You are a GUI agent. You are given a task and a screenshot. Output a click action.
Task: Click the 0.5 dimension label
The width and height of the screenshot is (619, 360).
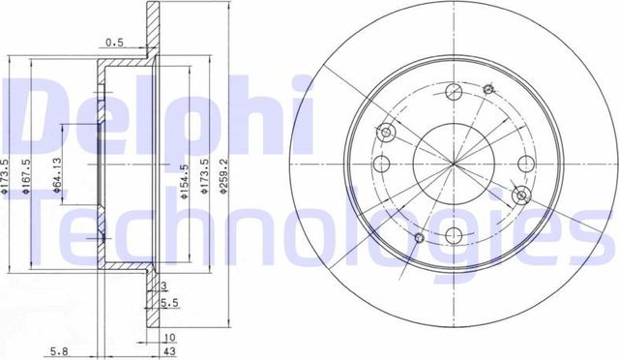(x=114, y=42)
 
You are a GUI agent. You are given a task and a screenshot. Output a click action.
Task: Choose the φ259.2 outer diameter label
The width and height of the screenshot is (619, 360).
(x=225, y=180)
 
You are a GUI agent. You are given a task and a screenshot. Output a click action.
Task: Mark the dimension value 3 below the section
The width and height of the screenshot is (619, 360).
(x=164, y=286)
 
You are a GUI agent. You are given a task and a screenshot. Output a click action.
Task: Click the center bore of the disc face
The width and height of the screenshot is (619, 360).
(x=454, y=163)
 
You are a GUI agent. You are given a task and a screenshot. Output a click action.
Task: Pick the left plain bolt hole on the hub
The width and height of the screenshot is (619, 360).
(x=381, y=163)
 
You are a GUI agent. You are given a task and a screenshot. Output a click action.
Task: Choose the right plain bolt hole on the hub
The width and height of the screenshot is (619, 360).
(x=526, y=163)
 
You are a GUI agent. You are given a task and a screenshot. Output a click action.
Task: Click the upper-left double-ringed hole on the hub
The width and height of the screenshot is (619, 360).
(x=389, y=133)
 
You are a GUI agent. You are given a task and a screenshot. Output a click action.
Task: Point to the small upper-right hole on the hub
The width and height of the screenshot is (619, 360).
(x=487, y=88)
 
